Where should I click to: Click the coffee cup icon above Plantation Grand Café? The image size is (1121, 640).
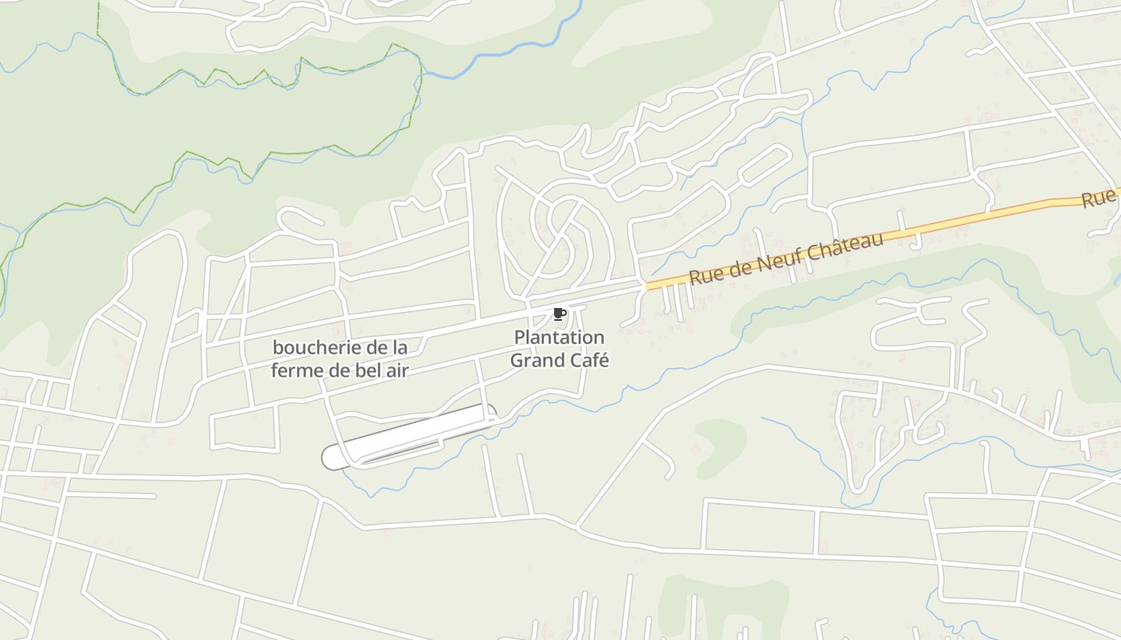[559, 314]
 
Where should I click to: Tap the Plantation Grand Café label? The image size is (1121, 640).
[559, 349]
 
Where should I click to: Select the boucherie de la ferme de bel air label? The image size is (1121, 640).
[340, 359]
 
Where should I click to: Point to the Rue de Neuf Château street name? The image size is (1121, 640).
[786, 258]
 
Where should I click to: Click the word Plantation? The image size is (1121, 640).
[559, 338]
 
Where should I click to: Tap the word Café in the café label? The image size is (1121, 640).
[589, 361]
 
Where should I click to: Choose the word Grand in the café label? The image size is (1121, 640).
[537, 361]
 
